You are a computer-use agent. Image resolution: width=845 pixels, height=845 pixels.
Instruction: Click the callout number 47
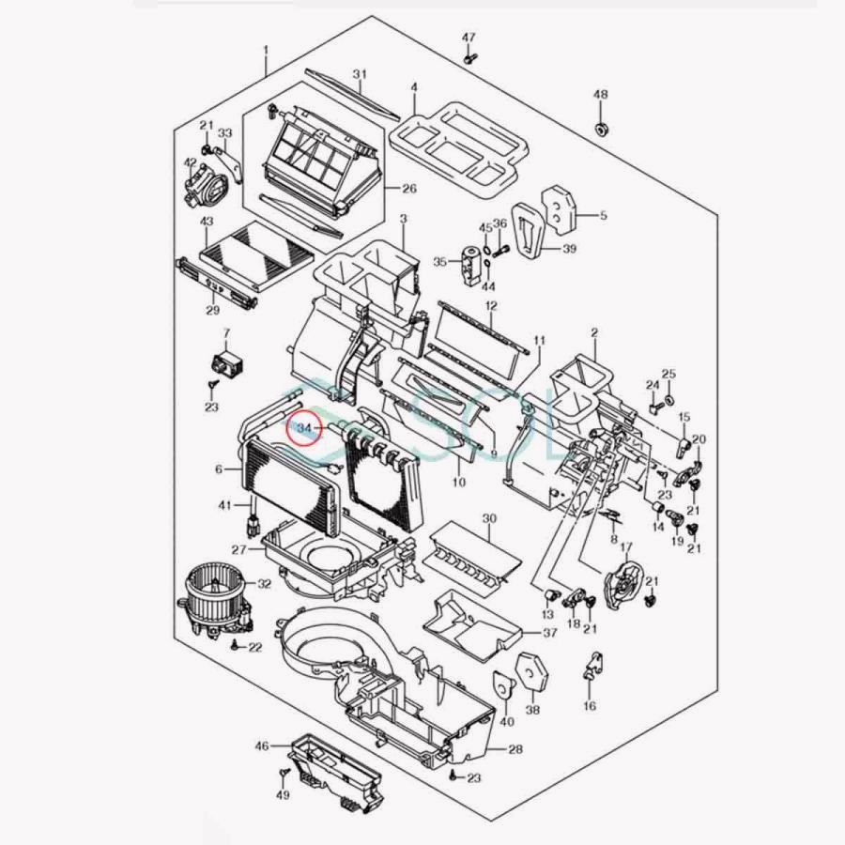point(469,38)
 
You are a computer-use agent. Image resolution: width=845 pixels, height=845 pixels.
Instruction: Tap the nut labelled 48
point(601,130)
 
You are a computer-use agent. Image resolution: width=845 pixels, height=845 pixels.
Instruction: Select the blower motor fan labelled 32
point(216,600)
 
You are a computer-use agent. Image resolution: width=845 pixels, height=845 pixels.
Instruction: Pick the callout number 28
point(515,749)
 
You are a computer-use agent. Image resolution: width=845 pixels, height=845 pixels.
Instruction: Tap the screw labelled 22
point(236,644)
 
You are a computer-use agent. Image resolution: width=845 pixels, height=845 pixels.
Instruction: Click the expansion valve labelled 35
point(470,264)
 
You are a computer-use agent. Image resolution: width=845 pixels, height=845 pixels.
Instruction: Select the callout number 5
point(604,215)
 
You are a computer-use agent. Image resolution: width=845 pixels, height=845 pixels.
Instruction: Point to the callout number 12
point(491,306)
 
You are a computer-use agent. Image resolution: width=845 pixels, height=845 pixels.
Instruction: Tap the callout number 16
point(591,705)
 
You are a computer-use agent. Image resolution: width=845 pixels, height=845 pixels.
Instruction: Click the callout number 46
point(262,745)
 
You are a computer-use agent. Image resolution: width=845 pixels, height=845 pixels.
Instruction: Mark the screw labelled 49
point(283,775)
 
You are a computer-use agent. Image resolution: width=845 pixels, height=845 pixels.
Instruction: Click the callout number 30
point(489,518)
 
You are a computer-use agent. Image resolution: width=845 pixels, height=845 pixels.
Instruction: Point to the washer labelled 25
point(668,399)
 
